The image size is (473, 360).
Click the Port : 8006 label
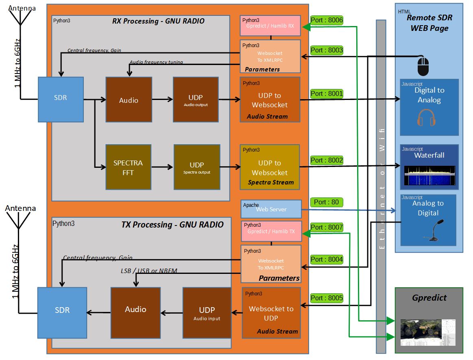click(327, 20)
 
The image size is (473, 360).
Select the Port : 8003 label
click(327, 50)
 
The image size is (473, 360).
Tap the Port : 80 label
click(326, 202)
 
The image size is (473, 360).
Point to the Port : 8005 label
click(327, 298)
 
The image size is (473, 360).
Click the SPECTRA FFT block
click(128, 167)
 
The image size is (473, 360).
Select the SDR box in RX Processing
click(61, 99)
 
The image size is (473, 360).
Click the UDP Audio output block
click(196, 100)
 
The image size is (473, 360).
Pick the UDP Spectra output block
click(197, 167)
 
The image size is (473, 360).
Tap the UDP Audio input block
click(207, 312)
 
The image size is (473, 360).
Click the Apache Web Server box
click(271, 209)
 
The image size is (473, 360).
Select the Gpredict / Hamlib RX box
click(270, 25)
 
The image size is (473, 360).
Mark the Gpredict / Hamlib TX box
click(271, 231)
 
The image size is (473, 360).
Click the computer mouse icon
click(423, 66)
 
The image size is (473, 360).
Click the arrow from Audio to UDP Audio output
click(162, 99)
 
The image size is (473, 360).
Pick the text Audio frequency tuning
click(156, 62)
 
